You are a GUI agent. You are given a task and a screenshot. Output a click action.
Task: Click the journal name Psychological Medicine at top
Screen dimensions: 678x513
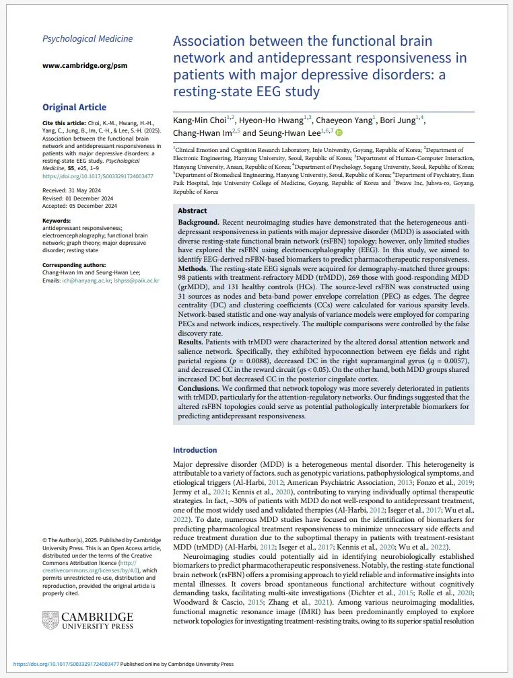click(x=88, y=38)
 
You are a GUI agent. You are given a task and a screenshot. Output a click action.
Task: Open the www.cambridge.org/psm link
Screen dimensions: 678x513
click(x=84, y=65)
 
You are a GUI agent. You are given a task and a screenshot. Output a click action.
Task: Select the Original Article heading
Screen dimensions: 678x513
click(x=74, y=107)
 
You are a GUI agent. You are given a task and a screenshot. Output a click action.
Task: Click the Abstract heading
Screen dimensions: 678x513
click(x=192, y=210)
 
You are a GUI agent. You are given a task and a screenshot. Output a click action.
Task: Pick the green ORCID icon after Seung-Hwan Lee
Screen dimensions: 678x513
click(x=339, y=133)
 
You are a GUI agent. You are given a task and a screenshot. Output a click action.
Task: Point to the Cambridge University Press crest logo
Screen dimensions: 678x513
click(x=50, y=620)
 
